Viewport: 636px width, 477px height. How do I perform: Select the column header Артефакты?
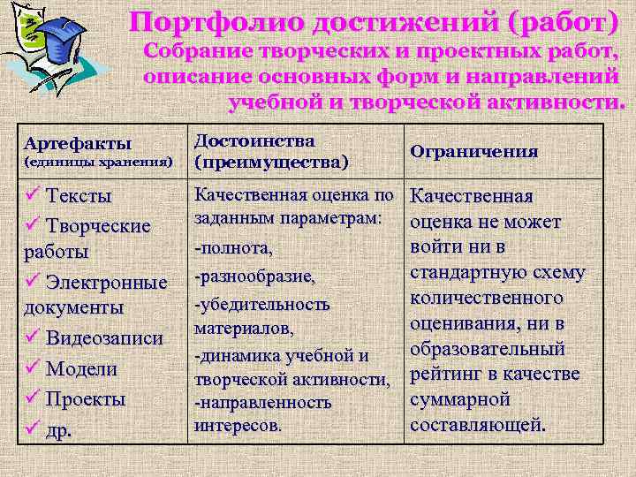point(79,142)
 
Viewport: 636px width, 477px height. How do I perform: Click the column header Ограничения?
point(474,151)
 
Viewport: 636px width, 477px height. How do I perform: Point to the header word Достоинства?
point(254,141)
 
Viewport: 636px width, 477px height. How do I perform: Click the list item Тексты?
point(79,195)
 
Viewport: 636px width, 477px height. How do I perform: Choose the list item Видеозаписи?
point(104,337)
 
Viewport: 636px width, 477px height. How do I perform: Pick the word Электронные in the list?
point(107,283)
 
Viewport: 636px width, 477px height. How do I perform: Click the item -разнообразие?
point(254,276)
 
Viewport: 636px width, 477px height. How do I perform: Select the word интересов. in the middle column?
point(238,425)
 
